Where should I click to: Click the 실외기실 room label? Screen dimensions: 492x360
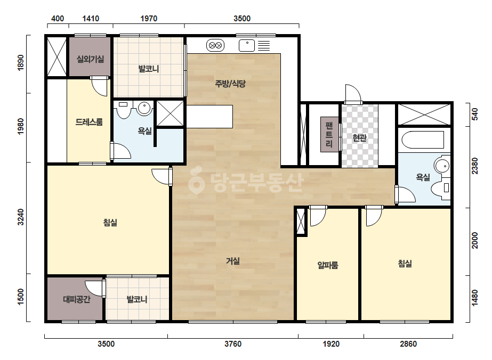pyautogui.click(x=91, y=59)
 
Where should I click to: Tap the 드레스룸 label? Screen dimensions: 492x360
pyautogui.click(x=89, y=121)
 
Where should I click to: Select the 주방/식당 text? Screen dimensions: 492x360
pyautogui.click(x=230, y=84)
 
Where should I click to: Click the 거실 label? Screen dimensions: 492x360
pyautogui.click(x=233, y=260)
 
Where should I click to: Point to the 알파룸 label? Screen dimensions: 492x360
pyautogui.click(x=328, y=265)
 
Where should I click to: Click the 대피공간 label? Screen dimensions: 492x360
pyautogui.click(x=77, y=299)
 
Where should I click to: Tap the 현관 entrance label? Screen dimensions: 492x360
pyautogui.click(x=359, y=137)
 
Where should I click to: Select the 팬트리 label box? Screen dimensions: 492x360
pyautogui.click(x=329, y=135)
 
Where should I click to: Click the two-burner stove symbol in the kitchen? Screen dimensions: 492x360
pyautogui.click(x=215, y=45)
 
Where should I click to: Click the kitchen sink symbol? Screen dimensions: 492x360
pyautogui.click(x=247, y=45)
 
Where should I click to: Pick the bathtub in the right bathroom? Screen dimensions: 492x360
pyautogui.click(x=423, y=140)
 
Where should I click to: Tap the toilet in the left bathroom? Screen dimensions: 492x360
pyautogui.click(x=123, y=110)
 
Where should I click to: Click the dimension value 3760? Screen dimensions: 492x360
pyautogui.click(x=233, y=344)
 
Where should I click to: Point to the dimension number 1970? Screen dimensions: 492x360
pyautogui.click(x=149, y=19)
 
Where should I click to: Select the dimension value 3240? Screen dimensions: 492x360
pyautogui.click(x=20, y=217)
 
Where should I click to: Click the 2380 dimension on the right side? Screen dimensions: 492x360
pyautogui.click(x=475, y=166)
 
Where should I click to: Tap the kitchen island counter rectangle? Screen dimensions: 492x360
pyautogui.click(x=209, y=116)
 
